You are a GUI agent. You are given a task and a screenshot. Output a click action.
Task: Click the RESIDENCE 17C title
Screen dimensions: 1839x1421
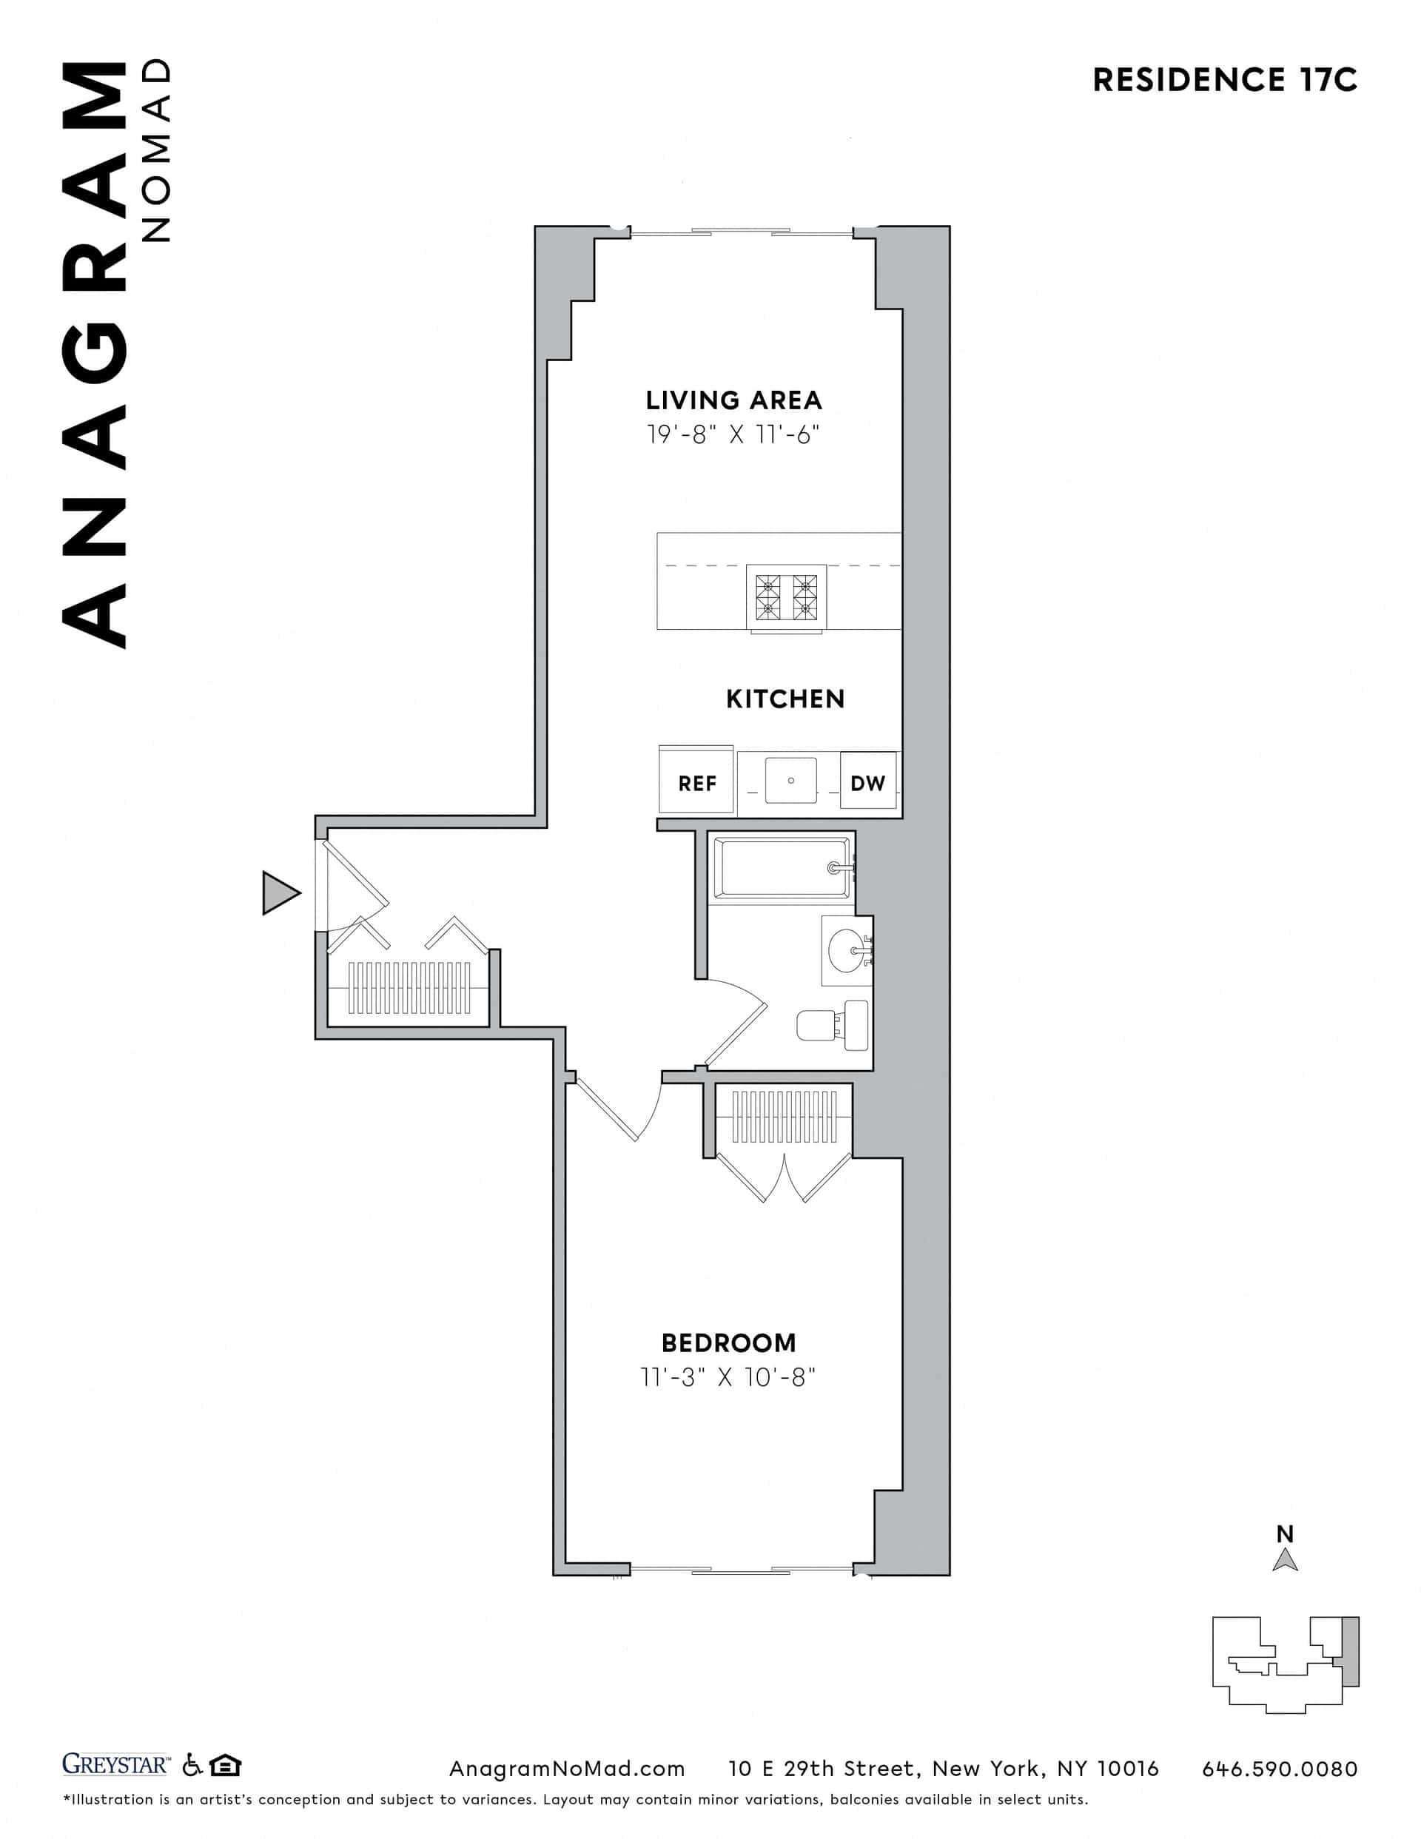pyautogui.click(x=1224, y=80)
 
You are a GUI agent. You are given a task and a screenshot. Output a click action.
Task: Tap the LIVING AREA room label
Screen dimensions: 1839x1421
pyautogui.click(x=733, y=400)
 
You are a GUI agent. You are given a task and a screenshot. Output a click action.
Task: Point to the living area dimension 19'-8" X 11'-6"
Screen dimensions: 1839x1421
pyautogui.click(x=733, y=434)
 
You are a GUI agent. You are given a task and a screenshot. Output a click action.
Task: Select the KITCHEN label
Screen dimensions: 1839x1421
pyautogui.click(x=785, y=699)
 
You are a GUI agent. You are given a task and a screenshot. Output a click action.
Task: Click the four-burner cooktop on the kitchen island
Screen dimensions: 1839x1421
pyautogui.click(x=786, y=597)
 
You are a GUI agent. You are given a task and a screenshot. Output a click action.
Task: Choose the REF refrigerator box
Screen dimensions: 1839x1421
pyautogui.click(x=696, y=783)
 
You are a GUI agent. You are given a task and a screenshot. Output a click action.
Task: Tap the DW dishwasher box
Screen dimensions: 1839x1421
pyautogui.click(x=867, y=783)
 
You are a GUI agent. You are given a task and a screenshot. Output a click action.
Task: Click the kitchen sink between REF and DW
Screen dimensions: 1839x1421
pyautogui.click(x=790, y=781)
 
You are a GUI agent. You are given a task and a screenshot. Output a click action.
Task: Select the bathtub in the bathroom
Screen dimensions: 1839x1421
pyautogui.click(x=781, y=868)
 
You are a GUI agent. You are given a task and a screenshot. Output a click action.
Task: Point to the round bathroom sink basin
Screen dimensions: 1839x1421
pyautogui.click(x=845, y=951)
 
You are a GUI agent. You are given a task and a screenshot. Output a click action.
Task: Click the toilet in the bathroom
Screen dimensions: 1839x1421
pyautogui.click(x=834, y=1025)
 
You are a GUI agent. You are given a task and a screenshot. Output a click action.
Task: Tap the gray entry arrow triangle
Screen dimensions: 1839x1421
pyautogui.click(x=279, y=892)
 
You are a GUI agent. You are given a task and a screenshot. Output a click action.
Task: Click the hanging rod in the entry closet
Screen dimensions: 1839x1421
pyautogui.click(x=409, y=988)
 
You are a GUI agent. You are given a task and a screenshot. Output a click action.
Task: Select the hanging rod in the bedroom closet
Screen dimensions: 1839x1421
pyautogui.click(x=785, y=1117)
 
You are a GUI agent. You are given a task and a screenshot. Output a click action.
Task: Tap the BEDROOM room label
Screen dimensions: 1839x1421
pyautogui.click(x=728, y=1343)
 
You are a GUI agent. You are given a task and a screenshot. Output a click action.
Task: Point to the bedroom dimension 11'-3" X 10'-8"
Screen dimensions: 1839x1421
pyautogui.click(x=728, y=1377)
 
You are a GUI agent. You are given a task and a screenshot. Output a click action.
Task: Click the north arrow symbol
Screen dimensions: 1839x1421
pyautogui.click(x=1285, y=1560)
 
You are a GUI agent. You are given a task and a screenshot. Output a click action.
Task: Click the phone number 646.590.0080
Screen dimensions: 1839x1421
pyautogui.click(x=1280, y=1769)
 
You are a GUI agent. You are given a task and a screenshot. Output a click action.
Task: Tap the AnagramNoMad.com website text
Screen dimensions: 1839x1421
pyautogui.click(x=567, y=1769)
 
